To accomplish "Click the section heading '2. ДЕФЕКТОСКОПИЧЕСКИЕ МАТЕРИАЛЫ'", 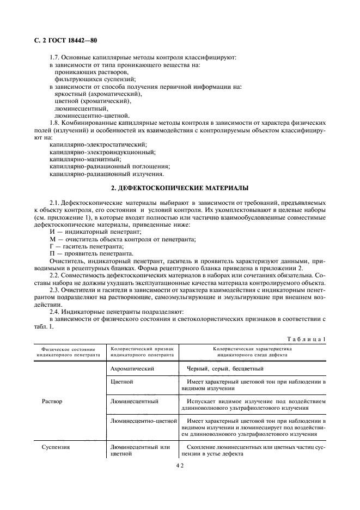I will pyautogui.click(x=180, y=188).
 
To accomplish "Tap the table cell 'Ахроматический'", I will pyautogui.click(x=132, y=369).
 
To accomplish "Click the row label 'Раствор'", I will pyautogui.click(x=52, y=402).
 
